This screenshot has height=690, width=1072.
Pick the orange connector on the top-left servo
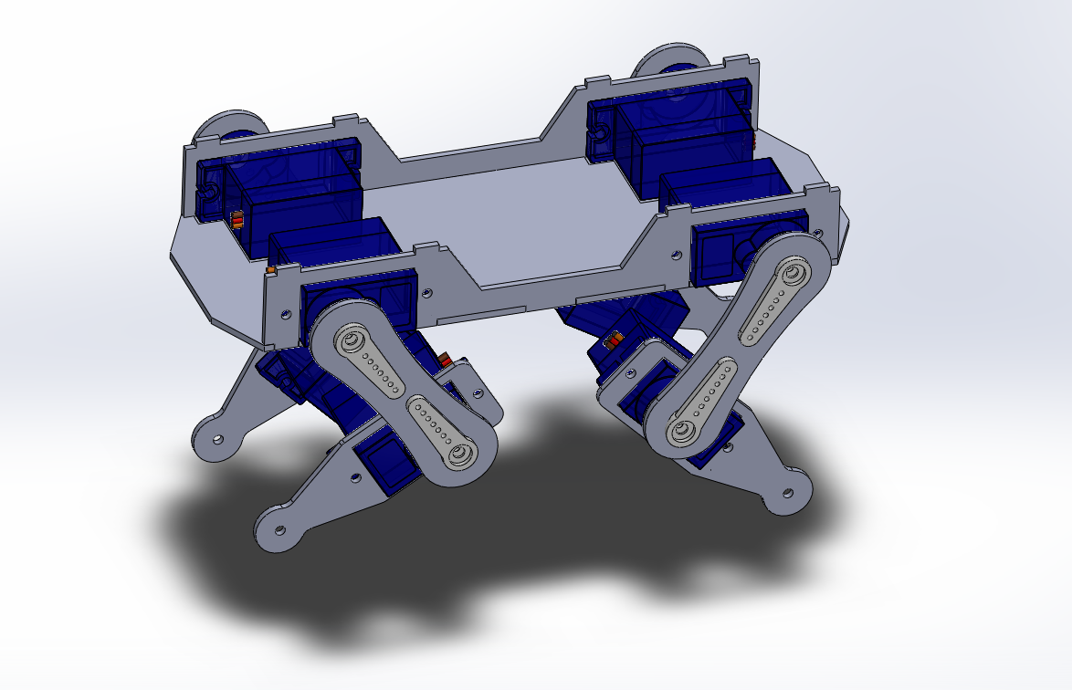point(238,220)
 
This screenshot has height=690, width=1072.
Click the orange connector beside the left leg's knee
point(444,358)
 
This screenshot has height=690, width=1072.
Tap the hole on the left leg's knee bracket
point(476,392)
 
